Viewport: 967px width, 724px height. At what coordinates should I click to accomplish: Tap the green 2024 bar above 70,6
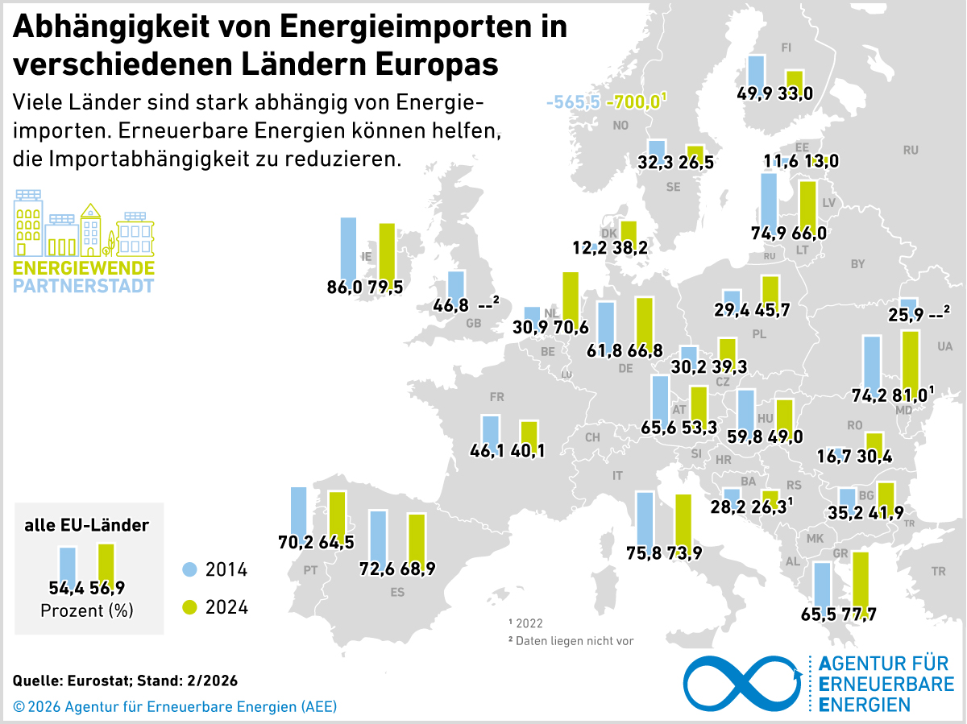point(571,296)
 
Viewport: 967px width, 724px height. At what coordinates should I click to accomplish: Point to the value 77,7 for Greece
point(857,614)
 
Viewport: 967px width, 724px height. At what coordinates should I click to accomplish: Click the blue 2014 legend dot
point(189,570)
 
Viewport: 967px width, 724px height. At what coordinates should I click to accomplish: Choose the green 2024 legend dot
point(189,606)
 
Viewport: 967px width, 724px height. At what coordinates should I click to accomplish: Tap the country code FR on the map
point(496,397)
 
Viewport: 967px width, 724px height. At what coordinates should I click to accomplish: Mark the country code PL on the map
point(759,333)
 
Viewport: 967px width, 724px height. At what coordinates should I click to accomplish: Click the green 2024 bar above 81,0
point(911,361)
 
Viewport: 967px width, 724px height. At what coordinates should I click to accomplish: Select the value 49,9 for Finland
point(755,93)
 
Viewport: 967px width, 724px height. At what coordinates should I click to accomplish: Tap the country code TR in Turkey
point(938,571)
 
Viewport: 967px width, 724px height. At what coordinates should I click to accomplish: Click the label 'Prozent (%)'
point(87,610)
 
